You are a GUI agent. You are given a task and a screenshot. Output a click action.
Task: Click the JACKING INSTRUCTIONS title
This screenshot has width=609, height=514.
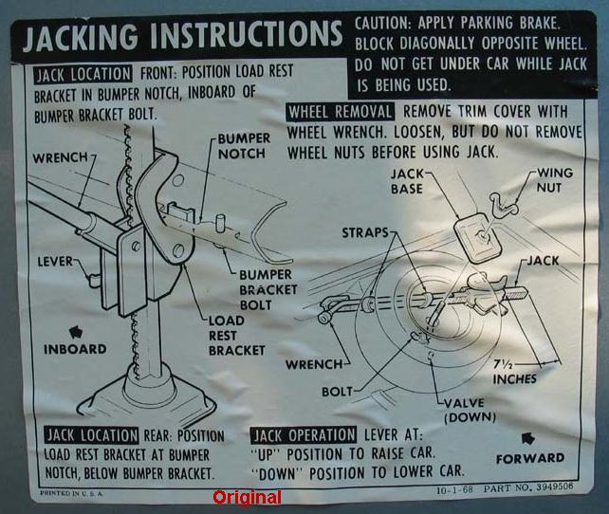pyautogui.click(x=182, y=36)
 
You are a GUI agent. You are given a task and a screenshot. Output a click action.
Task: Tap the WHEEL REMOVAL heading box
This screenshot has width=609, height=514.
pyautogui.click(x=341, y=112)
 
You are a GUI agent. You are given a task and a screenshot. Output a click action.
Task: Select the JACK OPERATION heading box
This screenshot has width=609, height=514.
pyautogui.click(x=303, y=435)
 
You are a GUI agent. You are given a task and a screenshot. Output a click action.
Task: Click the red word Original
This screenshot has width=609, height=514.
pyautogui.click(x=247, y=497)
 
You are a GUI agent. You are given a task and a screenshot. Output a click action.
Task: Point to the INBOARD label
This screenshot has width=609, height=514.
pyautogui.click(x=75, y=349)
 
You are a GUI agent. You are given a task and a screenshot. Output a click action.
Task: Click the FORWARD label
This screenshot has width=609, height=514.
pyautogui.click(x=530, y=459)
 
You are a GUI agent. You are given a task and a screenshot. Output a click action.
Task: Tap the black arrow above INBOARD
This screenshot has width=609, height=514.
pyautogui.click(x=76, y=332)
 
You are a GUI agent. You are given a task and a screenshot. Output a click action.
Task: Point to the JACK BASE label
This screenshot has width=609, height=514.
pyautogui.click(x=407, y=181)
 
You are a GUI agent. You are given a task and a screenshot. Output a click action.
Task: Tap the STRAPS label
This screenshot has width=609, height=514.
pyautogui.click(x=364, y=232)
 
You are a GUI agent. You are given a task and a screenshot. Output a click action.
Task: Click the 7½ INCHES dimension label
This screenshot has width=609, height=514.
pyautogui.click(x=515, y=372)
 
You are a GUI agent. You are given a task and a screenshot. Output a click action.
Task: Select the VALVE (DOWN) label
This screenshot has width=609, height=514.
pyautogui.click(x=470, y=410)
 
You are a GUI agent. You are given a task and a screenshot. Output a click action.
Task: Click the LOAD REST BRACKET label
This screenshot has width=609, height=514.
pyautogui.click(x=236, y=336)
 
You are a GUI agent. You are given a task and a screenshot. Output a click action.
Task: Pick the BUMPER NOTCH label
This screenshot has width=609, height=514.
pyautogui.click(x=244, y=146)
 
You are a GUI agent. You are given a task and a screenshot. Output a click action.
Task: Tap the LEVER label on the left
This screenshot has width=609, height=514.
pyautogui.click(x=55, y=262)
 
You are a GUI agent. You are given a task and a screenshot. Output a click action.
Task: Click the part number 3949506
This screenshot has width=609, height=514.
pyautogui.click(x=555, y=486)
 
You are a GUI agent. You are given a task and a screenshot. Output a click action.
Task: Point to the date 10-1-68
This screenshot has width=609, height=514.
pyautogui.click(x=454, y=489)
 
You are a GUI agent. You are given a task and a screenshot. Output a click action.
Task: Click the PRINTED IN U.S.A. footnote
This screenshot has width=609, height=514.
pyautogui.click(x=72, y=493)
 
